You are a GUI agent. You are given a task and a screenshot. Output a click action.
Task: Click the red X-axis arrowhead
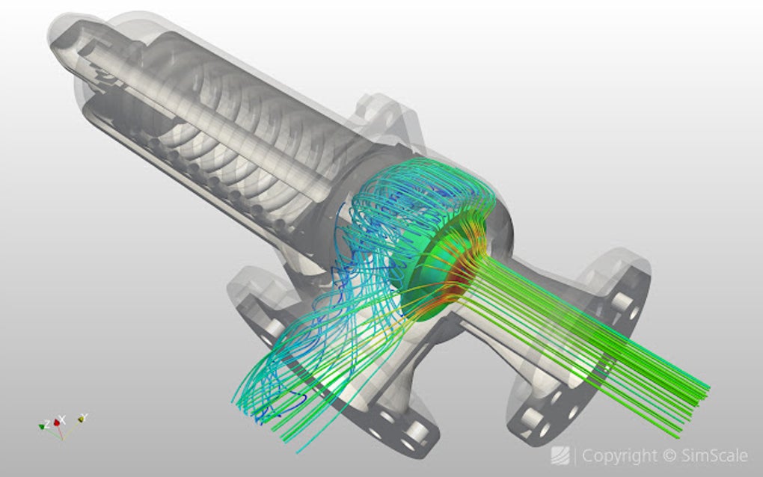(53, 422)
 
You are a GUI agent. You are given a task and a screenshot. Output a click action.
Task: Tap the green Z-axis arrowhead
(42, 427)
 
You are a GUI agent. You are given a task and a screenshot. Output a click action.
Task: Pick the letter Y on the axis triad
(85, 416)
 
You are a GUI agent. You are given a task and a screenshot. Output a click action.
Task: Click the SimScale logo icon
(560, 455)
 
